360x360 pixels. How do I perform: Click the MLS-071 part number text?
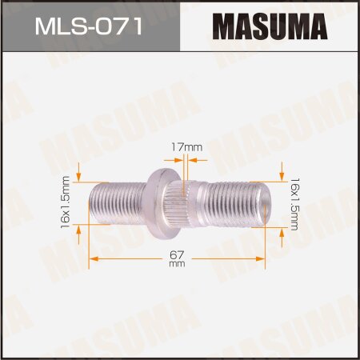[89, 28]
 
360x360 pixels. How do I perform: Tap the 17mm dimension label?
[187, 146]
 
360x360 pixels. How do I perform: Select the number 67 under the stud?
[178, 254]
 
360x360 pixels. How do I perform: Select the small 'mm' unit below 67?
[178, 265]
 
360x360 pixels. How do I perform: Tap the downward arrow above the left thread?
[79, 173]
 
